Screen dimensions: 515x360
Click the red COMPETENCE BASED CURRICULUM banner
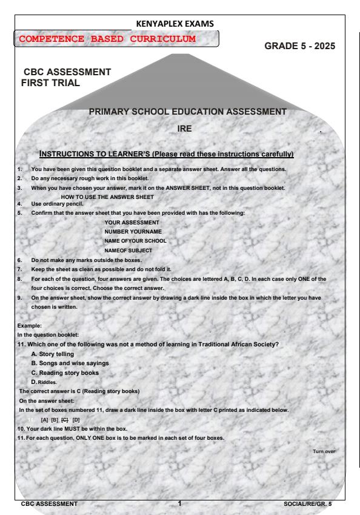(115, 39)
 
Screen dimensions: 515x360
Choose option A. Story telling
(56, 354)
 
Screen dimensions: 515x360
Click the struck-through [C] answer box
(65, 420)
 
